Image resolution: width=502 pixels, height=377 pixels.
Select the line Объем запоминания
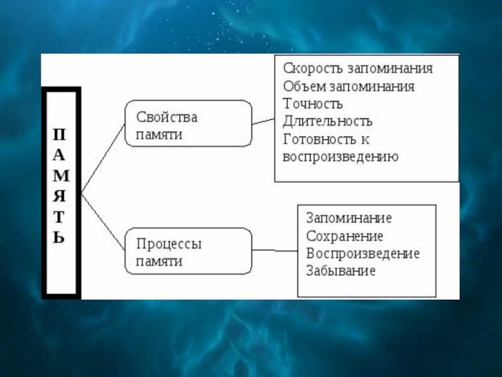(x=348, y=86)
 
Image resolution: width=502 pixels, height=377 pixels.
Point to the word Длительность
(x=328, y=121)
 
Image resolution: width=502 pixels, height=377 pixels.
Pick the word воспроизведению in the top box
(x=341, y=156)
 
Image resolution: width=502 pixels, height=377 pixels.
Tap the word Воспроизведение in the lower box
(x=363, y=254)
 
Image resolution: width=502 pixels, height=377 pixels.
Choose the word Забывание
(x=341, y=271)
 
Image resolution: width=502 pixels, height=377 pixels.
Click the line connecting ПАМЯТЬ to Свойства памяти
(x=103, y=156)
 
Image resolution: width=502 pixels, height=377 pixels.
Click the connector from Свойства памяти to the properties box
(x=263, y=121)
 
